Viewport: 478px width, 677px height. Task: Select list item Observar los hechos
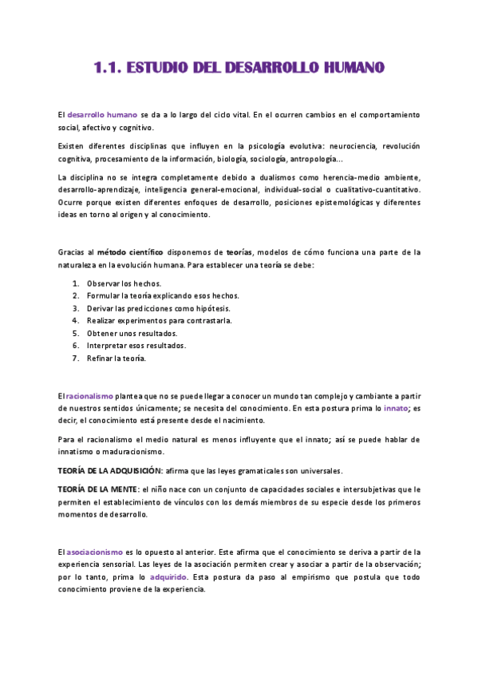click(124, 283)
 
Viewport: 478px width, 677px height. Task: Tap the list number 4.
click(75, 320)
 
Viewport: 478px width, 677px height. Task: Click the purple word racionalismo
click(90, 395)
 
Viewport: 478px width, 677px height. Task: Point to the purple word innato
click(396, 407)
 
